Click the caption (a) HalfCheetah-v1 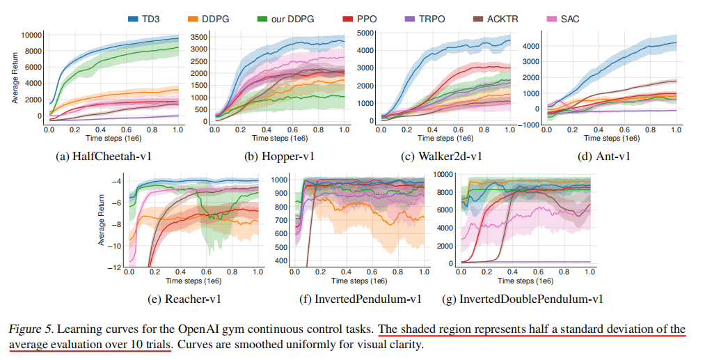(102, 157)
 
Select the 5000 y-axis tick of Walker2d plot (366, 33)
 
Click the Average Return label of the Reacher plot (102, 222)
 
